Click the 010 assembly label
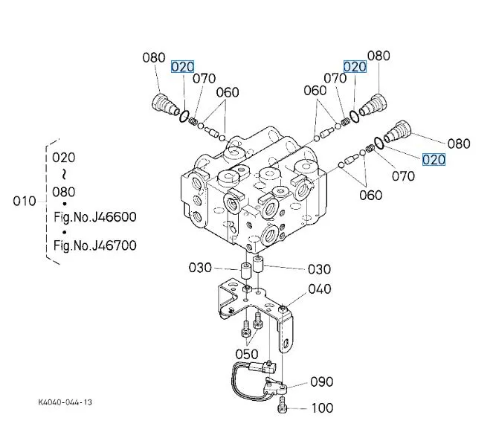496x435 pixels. pyautogui.click(x=25, y=202)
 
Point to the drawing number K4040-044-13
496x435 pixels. pyautogui.click(x=66, y=402)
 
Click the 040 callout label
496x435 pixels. pyautogui.click(x=319, y=289)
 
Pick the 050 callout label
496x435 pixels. pyautogui.click(x=247, y=355)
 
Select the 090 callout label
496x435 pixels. pyautogui.click(x=322, y=382)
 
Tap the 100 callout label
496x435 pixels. pyautogui.click(x=322, y=407)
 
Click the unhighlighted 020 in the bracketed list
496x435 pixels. pyautogui.click(x=63, y=158)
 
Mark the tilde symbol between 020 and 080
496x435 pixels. pyautogui.click(x=63, y=174)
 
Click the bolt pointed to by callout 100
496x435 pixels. pyautogui.click(x=282, y=406)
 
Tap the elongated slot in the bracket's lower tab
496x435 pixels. pyautogui.click(x=286, y=344)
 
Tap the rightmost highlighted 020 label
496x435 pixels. pyautogui.click(x=434, y=159)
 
